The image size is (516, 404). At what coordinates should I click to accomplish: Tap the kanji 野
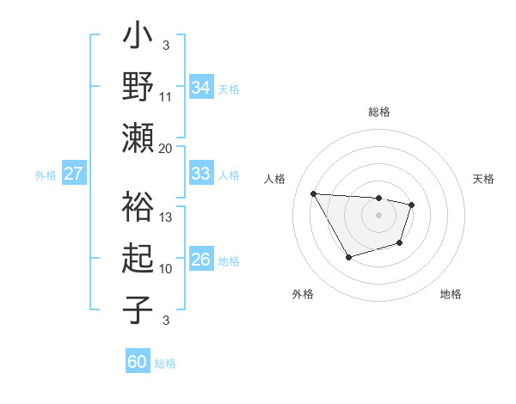pos(138,86)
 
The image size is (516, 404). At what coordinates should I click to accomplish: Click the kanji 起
pos(138,258)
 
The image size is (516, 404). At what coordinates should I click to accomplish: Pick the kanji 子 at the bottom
pos(138,308)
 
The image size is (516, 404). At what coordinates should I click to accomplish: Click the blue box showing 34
pos(200,87)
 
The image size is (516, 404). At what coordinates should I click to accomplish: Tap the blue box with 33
pos(200,174)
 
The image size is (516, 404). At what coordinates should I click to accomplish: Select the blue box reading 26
pos(200,260)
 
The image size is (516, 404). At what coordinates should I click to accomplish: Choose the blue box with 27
pos(73,174)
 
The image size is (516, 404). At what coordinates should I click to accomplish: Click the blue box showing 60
pos(137,362)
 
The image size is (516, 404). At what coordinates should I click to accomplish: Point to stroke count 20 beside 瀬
pos(166,148)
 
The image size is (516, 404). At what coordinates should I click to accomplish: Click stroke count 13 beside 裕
pos(166,217)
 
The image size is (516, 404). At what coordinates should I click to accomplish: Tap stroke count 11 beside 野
pos(166,96)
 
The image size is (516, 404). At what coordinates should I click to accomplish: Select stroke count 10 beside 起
pos(166,269)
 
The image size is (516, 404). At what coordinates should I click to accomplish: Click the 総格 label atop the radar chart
pos(378,112)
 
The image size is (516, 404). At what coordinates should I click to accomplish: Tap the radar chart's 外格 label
pos(303,294)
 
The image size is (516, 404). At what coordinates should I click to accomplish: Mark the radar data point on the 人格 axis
pos(314,193)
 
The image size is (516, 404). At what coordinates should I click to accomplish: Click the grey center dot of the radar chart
pos(378,214)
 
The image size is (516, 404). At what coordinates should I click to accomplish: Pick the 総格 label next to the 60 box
pos(165,363)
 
